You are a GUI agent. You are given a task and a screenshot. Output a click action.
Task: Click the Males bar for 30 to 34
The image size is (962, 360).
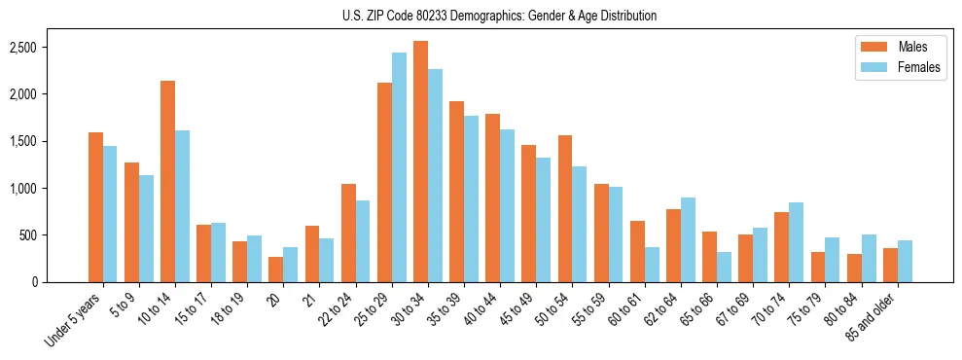click(420, 162)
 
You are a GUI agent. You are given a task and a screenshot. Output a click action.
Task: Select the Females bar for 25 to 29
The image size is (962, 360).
click(399, 167)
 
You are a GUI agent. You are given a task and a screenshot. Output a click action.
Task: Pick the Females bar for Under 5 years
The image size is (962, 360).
click(110, 214)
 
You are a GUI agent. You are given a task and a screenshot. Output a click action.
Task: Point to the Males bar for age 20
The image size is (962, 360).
click(275, 270)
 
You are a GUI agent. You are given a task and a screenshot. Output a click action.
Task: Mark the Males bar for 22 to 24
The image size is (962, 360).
click(348, 234)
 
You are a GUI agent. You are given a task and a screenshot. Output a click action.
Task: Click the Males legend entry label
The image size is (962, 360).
click(912, 47)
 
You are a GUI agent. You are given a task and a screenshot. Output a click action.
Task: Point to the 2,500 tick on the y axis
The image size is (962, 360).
click(50, 48)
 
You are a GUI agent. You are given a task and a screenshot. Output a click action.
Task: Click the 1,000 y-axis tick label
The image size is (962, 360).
click(50, 189)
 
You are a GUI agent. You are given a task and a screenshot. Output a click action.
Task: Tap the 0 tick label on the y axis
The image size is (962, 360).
click(61, 282)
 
